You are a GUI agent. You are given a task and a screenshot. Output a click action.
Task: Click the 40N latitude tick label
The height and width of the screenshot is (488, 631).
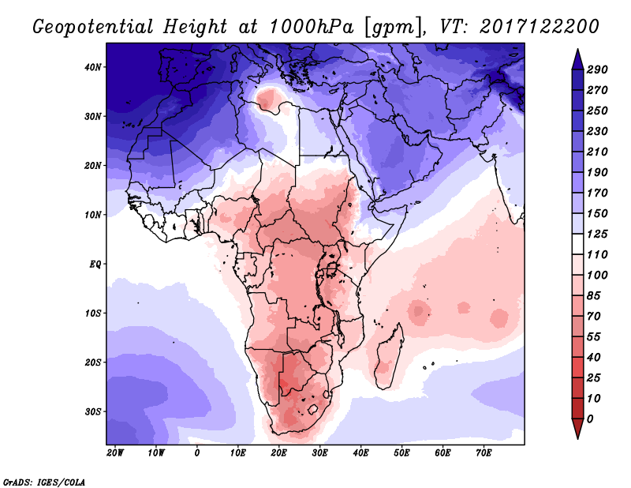point(93,67)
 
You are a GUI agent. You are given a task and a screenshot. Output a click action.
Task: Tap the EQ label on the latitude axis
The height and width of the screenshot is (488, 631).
point(95,264)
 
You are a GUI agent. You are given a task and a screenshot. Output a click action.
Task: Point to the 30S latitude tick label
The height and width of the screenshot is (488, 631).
point(93,411)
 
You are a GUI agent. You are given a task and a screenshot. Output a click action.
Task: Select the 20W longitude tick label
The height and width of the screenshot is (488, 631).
point(115,453)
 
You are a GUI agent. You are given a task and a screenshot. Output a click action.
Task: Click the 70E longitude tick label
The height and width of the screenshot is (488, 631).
point(484,453)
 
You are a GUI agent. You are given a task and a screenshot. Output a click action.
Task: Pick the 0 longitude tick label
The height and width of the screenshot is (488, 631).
point(197,453)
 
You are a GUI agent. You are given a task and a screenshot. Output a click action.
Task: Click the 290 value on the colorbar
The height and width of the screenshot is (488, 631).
point(597,70)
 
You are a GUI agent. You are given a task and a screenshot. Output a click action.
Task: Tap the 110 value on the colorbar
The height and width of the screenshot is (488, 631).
point(597,254)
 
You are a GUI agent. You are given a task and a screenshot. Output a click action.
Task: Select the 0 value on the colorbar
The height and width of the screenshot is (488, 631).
point(591,419)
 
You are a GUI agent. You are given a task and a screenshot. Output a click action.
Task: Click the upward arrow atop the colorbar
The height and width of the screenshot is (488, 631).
point(577,58)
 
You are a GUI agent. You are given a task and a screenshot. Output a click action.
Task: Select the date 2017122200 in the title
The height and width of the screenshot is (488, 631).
point(537,26)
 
